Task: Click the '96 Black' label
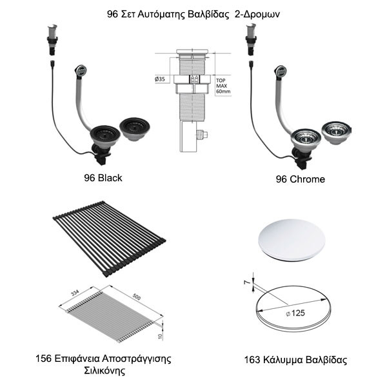tap(103, 178)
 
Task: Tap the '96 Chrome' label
tap(300, 179)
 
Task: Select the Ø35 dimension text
tap(160, 79)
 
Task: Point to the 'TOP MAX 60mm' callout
tap(223, 86)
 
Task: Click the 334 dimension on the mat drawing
tap(75, 293)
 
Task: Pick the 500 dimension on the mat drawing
tap(137, 297)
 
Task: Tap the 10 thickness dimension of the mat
tap(160, 336)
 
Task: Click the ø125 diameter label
tap(295, 313)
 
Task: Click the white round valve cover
tap(292, 240)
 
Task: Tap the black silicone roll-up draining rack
tap(109, 239)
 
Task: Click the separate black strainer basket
tap(135, 129)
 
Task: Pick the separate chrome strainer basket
tap(337, 132)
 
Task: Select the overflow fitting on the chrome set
tap(281, 72)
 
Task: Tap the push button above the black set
tap(52, 39)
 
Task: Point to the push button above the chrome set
tap(252, 39)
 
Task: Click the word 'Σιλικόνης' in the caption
tap(104, 370)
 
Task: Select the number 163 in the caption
tap(252, 360)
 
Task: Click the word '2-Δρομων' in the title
tap(257, 14)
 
